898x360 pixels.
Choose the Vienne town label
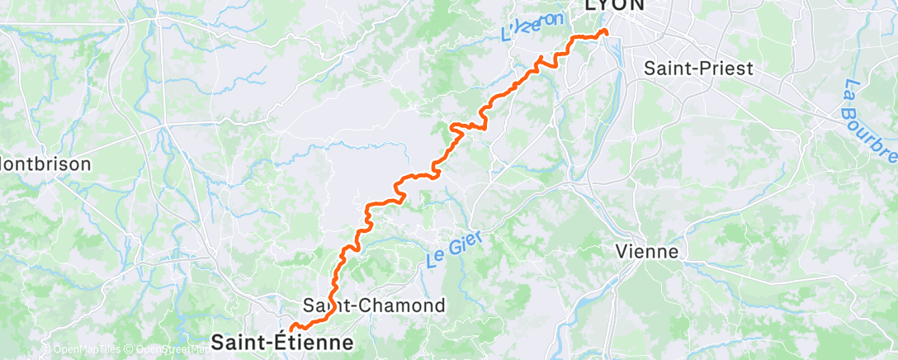click(x=647, y=252)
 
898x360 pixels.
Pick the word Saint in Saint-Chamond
click(x=327, y=306)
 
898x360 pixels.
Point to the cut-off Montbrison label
click(x=45, y=163)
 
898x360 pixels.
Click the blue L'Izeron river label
click(x=532, y=27)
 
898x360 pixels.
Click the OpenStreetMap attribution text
click(x=165, y=350)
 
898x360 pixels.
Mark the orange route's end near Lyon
click(x=606, y=31)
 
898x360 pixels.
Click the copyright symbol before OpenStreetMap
click(x=129, y=350)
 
